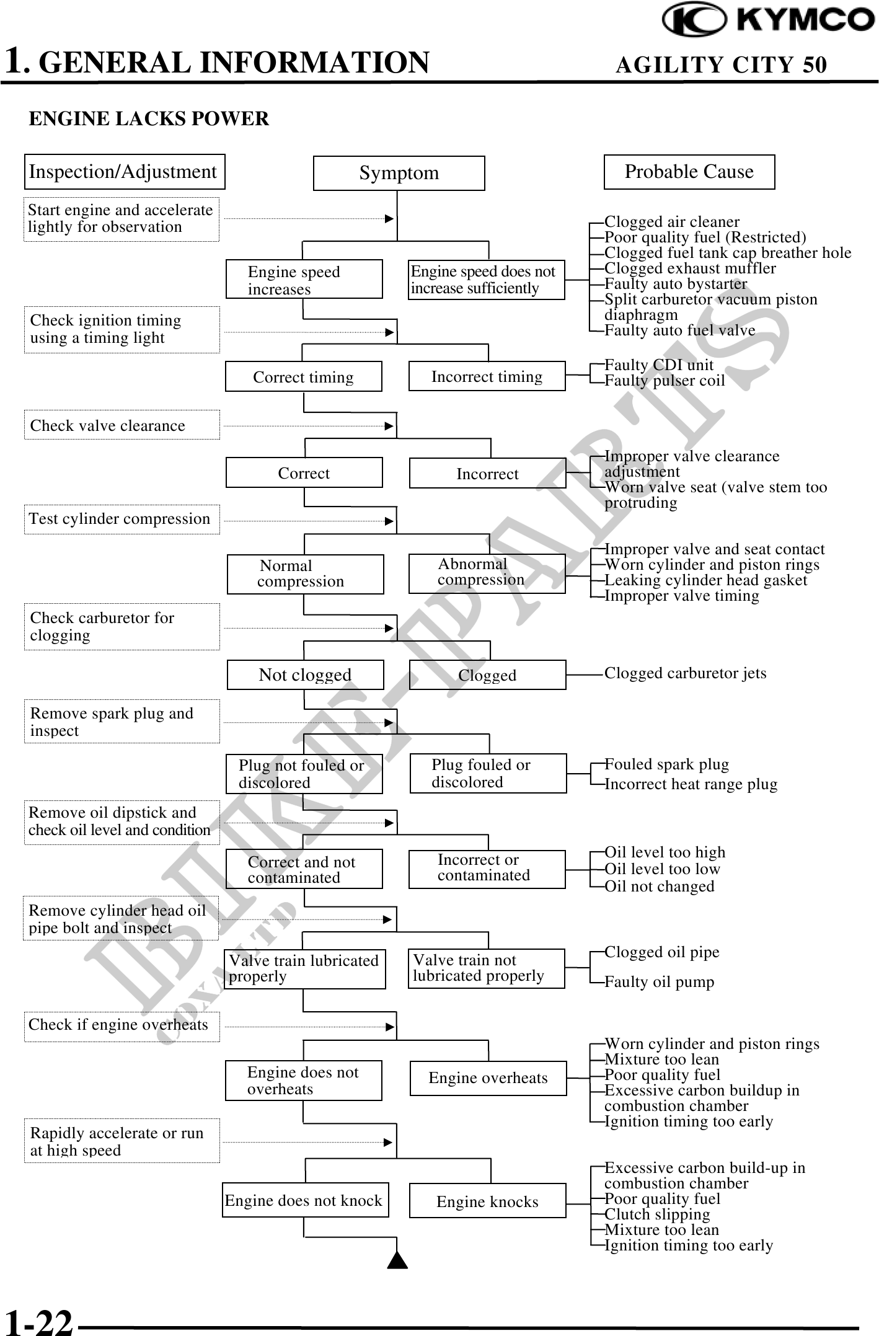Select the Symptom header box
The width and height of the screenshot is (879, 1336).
click(399, 173)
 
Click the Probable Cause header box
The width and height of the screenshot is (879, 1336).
click(689, 172)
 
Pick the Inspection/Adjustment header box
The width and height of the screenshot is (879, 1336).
click(124, 172)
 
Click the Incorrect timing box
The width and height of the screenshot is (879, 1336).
click(487, 376)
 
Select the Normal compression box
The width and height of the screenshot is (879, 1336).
click(305, 574)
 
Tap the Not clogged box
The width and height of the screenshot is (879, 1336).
click(305, 675)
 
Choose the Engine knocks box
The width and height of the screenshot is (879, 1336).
click(487, 1201)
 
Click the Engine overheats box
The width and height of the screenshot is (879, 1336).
click(488, 1078)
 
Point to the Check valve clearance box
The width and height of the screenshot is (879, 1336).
click(122, 425)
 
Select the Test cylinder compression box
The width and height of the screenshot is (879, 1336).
click(122, 519)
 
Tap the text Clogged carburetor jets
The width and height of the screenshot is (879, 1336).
click(685, 673)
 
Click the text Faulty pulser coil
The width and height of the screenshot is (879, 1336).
click(665, 381)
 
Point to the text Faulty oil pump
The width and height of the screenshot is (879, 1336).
click(659, 982)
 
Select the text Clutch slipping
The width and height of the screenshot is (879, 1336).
click(657, 1214)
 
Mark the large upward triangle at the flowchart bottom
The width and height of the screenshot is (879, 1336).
click(397, 1260)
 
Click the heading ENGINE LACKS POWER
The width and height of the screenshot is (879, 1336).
click(149, 118)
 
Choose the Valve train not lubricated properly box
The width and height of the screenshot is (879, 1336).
click(486, 968)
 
